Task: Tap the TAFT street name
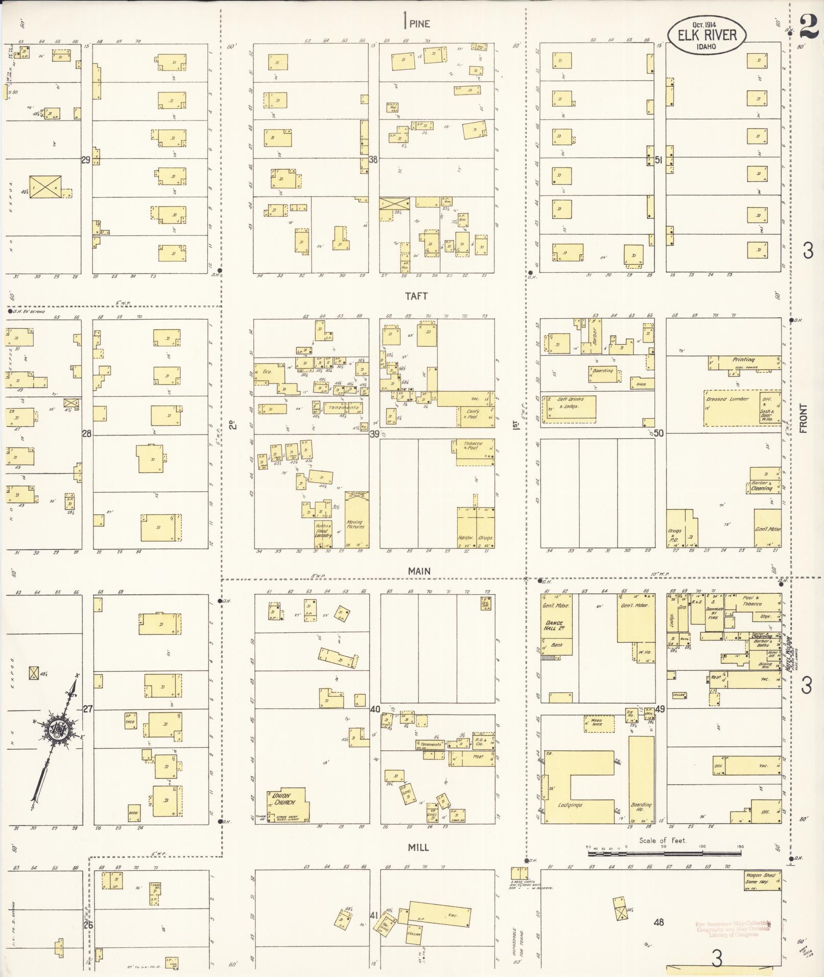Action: tap(416, 296)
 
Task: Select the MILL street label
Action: tap(418, 847)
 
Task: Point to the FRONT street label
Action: tap(804, 418)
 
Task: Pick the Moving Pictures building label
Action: tap(354, 525)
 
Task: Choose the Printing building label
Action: tap(743, 360)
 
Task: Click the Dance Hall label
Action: tap(553, 626)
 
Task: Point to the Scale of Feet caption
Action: tap(663, 841)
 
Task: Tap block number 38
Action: tap(373, 159)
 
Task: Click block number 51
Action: tap(658, 160)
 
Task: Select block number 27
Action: tap(88, 709)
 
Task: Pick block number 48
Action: tap(658, 922)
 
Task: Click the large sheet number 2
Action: tap(808, 26)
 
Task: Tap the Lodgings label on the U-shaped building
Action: tap(570, 805)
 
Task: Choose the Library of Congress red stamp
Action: tap(733, 929)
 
